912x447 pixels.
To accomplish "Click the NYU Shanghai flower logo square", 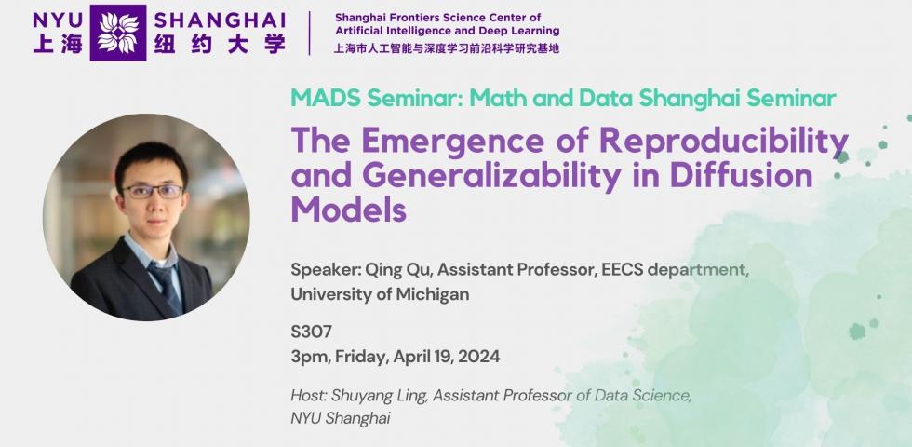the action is pyautogui.click(x=117, y=33).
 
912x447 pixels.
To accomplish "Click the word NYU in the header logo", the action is pyautogui.click(x=58, y=20).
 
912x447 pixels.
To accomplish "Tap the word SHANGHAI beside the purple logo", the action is pyautogui.click(x=220, y=20).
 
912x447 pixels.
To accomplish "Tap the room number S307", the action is pyautogui.click(x=311, y=332).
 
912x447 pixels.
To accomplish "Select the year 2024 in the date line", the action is pyautogui.click(x=478, y=356).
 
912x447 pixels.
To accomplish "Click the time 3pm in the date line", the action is pyautogui.click(x=309, y=357).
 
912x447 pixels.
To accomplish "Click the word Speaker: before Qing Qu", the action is pyautogui.click(x=326, y=271).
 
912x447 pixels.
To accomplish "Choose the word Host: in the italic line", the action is pyautogui.click(x=309, y=396).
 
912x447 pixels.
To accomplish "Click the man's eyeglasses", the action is pyautogui.click(x=153, y=191).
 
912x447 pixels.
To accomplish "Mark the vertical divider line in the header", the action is pyautogui.click(x=309, y=33).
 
